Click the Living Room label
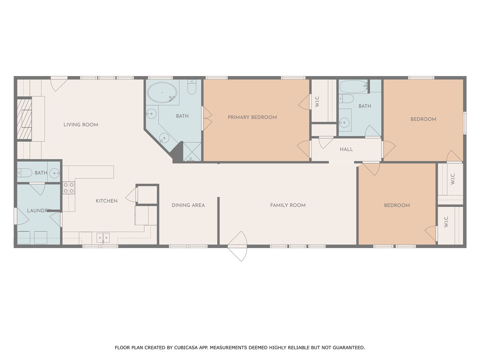(81, 125)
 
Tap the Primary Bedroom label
(252, 117)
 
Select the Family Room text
(288, 205)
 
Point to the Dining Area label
(188, 205)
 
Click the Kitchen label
(106, 201)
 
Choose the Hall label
(346, 150)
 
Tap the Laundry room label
(39, 210)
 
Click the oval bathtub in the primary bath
(162, 93)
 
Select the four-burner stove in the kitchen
(69, 188)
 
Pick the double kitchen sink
(103, 238)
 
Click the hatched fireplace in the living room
(24, 119)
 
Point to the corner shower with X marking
(192, 152)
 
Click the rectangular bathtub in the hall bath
(353, 86)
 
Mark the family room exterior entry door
(237, 246)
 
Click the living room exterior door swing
(59, 84)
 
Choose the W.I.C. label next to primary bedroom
(317, 101)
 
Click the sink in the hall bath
(345, 122)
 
